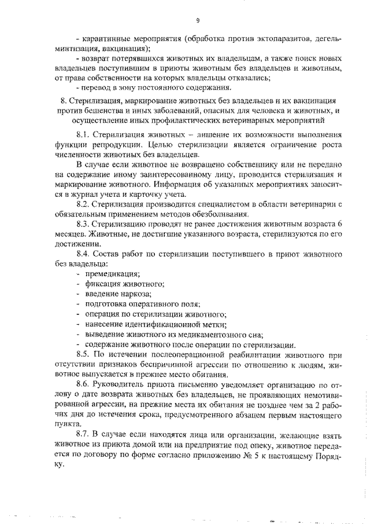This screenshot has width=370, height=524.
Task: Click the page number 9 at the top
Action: [198, 21]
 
